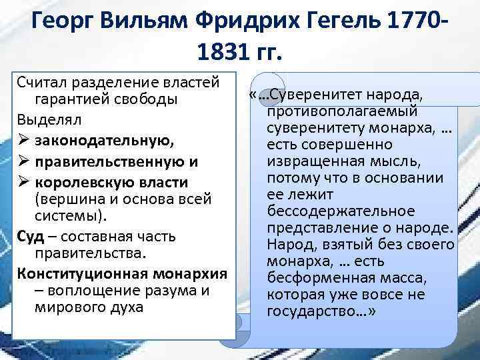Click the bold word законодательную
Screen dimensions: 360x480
coord(95,141)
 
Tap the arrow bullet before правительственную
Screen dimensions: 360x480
coord(23,162)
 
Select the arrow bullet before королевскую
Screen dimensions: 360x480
coord(23,182)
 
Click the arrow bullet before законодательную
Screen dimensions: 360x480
coord(23,141)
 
